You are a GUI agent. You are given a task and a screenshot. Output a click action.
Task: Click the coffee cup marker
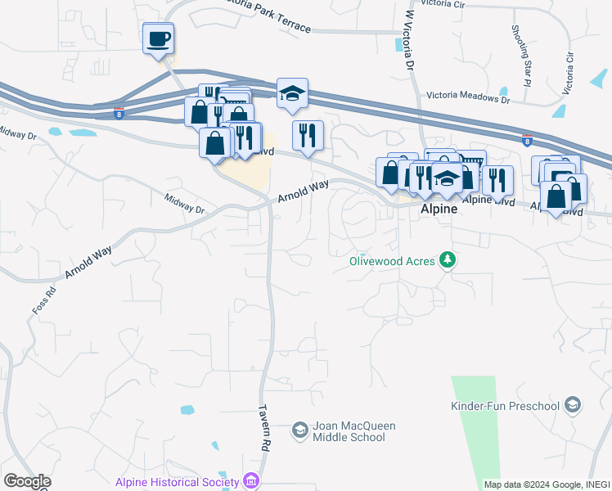[x=158, y=38]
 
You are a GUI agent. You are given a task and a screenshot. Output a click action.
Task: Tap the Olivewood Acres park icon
[x=447, y=260]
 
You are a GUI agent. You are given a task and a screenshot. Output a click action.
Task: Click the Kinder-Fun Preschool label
[x=505, y=406]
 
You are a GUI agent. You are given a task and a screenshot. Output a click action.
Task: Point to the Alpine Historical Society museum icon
[x=251, y=482]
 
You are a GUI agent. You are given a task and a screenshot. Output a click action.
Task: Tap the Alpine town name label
[x=437, y=209]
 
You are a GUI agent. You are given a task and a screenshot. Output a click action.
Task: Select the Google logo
[x=27, y=481]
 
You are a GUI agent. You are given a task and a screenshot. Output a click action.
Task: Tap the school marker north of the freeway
[x=292, y=95]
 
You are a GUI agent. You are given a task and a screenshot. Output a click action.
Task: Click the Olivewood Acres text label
[x=392, y=261]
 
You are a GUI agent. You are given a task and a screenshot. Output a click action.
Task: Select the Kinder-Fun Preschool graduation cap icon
[x=573, y=405]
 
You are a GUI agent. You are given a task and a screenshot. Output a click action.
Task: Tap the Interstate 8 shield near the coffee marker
[x=119, y=113]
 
